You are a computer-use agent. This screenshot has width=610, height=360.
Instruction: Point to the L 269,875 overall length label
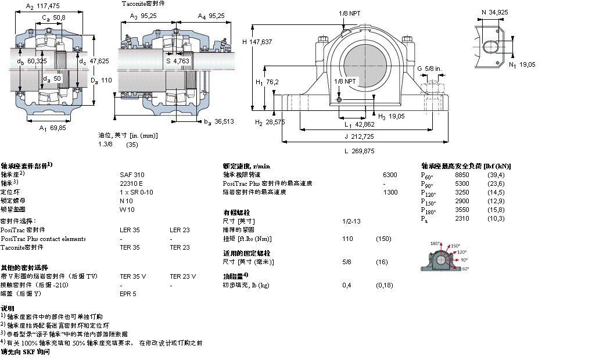tap(359, 150)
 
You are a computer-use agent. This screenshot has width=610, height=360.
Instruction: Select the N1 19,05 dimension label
tap(522, 65)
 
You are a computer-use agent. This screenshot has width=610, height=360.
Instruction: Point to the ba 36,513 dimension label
tap(218, 121)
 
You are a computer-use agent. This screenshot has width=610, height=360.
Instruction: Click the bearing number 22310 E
tap(131, 183)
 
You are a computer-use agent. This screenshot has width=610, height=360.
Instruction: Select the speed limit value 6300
tap(390, 174)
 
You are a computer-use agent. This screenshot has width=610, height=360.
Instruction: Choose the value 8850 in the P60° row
tap(462, 175)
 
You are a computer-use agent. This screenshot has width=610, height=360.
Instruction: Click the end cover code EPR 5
tap(128, 294)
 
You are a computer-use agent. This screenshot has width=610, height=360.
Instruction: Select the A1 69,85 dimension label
tap(52, 128)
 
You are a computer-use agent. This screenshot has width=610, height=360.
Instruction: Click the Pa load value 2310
tap(462, 218)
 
